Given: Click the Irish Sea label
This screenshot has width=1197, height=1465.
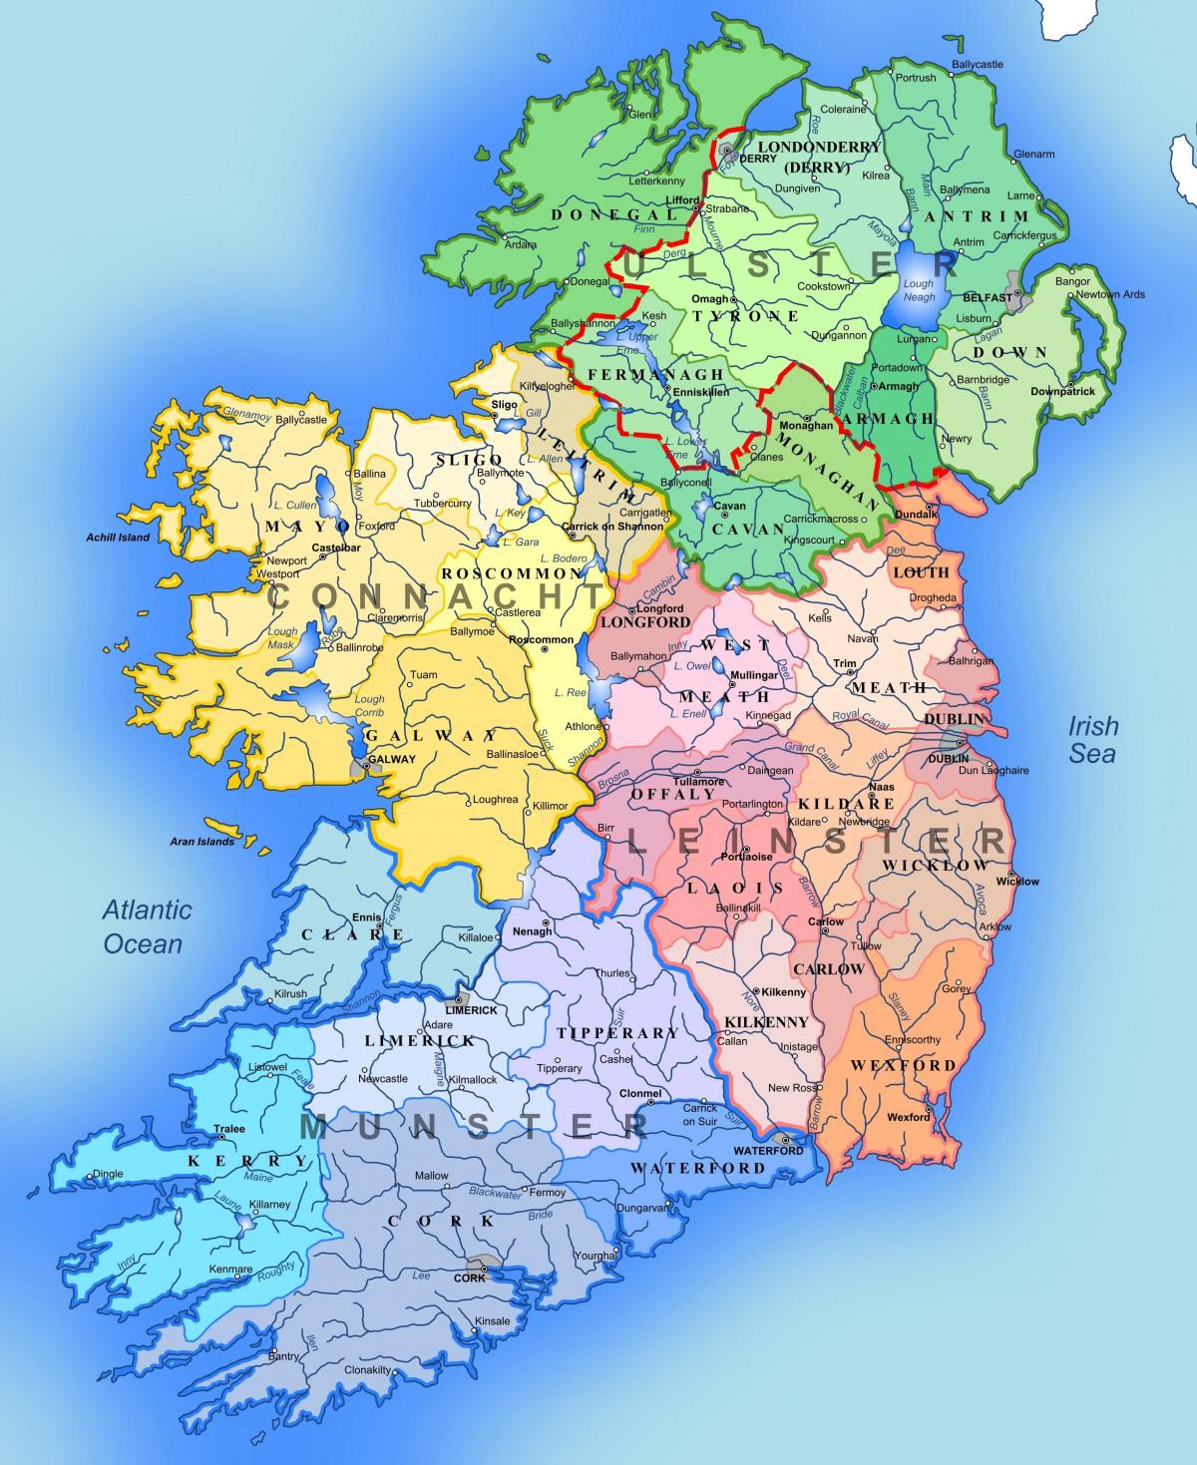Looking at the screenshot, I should (1093, 739).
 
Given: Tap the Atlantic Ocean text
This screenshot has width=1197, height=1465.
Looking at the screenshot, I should (146, 926).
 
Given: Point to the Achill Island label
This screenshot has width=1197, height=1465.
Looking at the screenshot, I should (118, 538).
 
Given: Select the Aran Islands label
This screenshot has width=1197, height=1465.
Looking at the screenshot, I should (202, 842).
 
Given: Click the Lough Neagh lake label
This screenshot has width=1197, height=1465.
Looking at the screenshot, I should (918, 290).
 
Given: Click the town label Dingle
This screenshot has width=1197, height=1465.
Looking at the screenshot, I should (107, 1174).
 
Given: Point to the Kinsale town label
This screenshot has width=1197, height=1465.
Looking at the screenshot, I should (493, 1321).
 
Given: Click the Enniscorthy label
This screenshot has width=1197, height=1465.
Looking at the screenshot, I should (912, 1039).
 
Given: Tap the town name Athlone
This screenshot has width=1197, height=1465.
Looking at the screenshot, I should (584, 726).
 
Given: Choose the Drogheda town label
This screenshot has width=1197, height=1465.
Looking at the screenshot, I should (933, 597).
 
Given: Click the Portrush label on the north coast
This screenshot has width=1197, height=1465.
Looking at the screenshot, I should (915, 78).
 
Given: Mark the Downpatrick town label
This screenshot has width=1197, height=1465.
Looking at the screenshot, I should (1062, 391).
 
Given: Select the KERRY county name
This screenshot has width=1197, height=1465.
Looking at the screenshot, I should (248, 1161).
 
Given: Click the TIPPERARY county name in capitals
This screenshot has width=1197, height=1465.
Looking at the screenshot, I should (617, 1033).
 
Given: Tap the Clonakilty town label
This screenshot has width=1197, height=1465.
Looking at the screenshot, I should (367, 1370).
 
